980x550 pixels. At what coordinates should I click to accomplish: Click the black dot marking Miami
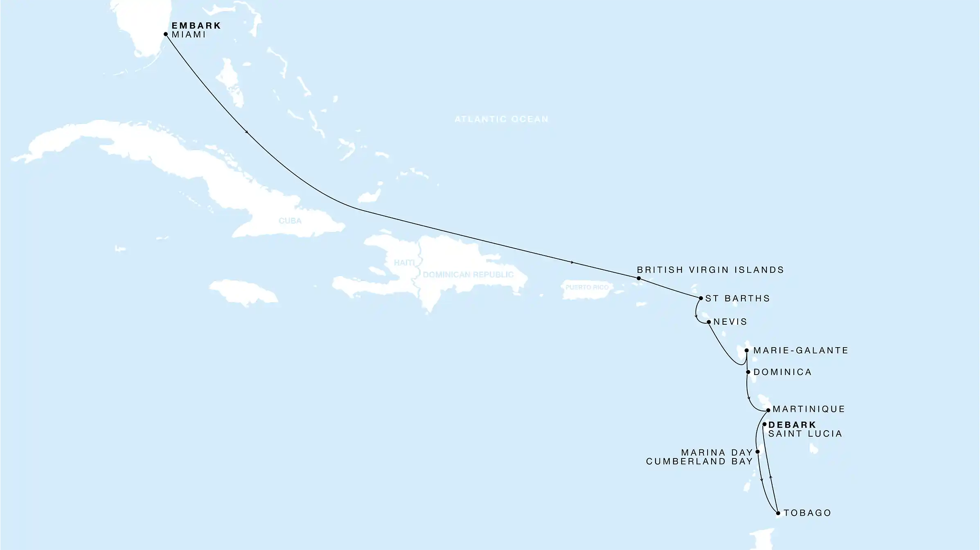pos(166,34)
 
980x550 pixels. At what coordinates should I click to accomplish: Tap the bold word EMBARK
pos(196,26)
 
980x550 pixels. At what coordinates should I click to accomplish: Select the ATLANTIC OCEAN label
pos(501,119)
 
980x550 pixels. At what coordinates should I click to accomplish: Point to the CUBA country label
pos(290,221)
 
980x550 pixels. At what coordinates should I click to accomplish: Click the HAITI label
pos(404,263)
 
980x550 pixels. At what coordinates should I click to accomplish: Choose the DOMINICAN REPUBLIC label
pos(468,274)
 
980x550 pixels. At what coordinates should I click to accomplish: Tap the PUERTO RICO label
pos(587,287)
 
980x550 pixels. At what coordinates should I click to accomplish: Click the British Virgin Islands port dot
pos(639,278)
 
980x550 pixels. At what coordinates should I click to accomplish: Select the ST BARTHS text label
pos(737,299)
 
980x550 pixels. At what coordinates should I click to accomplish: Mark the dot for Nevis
pos(709,322)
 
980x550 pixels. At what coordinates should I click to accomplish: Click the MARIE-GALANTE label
pos(801,350)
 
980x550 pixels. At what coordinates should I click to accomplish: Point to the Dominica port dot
pos(748,372)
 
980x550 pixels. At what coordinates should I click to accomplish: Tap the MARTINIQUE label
pos(809,409)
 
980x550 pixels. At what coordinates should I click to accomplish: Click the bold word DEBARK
pos(792,425)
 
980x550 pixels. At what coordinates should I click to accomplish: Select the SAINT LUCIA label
pos(805,434)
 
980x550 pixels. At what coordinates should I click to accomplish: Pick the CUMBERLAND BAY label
pos(699,462)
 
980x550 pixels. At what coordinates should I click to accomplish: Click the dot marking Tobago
pos(778,513)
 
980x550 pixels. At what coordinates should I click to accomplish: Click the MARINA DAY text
pos(717,453)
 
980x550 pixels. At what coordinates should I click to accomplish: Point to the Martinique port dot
pos(768,410)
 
